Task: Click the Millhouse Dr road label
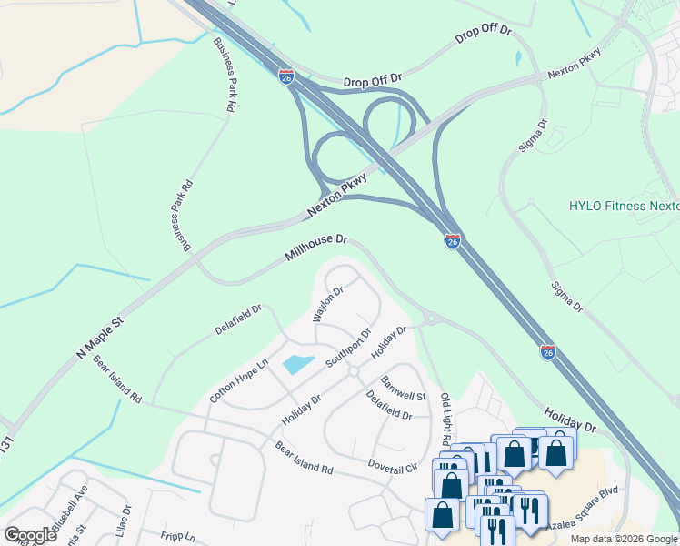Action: pyautogui.click(x=316, y=249)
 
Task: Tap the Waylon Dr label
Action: pyautogui.click(x=327, y=304)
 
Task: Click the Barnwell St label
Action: pyautogui.click(x=403, y=389)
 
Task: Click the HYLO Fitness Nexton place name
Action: pyautogui.click(x=624, y=206)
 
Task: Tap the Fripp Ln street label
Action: pyautogui.click(x=177, y=537)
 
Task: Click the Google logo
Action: pyautogui.click(x=30, y=535)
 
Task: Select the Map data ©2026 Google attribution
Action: pyautogui.click(x=625, y=539)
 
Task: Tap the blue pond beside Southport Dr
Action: pyautogui.click(x=298, y=365)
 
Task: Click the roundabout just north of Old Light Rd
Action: pyautogui.click(x=431, y=318)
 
